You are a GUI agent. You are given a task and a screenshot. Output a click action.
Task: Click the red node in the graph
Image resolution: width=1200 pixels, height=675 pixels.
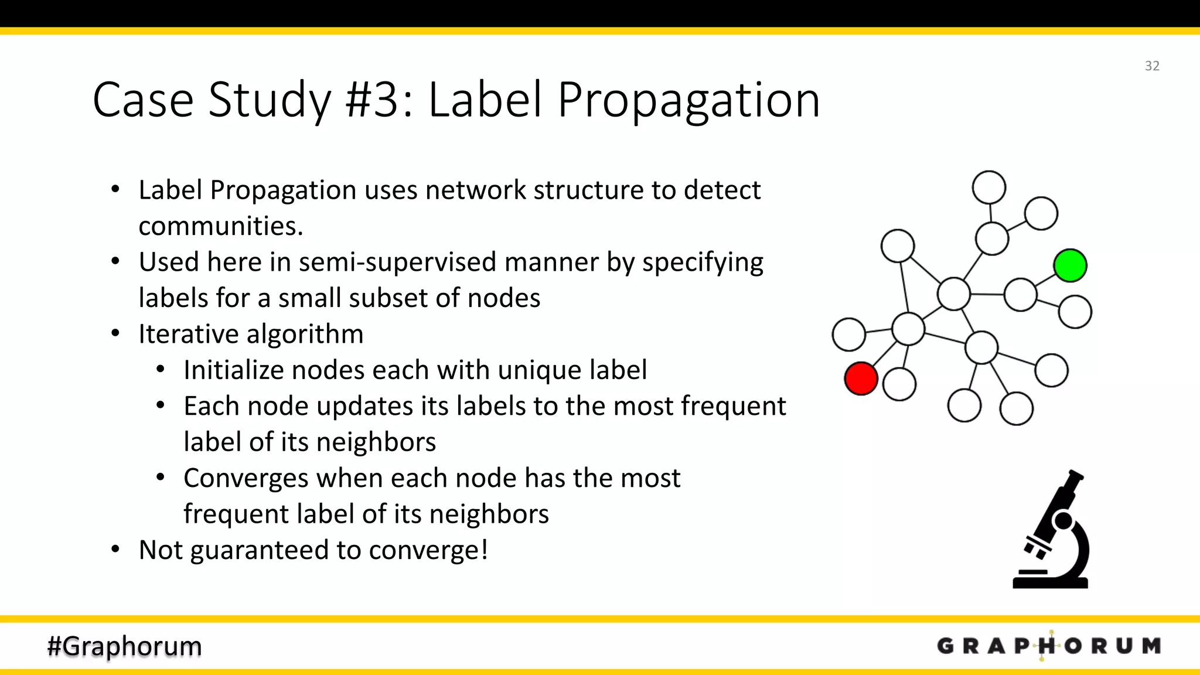tap(861, 379)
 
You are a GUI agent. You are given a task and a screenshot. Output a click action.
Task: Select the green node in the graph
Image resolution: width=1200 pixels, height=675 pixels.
tap(1070, 265)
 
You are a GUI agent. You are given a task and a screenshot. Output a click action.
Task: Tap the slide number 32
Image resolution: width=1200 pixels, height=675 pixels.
tap(1152, 66)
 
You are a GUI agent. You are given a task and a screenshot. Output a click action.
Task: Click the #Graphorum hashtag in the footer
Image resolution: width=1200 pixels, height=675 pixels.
tap(124, 646)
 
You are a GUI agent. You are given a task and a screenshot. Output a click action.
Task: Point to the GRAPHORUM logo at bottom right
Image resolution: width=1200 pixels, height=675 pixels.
tap(1049, 646)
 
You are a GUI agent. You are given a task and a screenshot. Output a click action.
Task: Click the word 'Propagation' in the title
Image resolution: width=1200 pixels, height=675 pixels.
tap(688, 101)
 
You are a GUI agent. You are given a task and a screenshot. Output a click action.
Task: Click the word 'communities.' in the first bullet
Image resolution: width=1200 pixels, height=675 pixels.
tap(221, 226)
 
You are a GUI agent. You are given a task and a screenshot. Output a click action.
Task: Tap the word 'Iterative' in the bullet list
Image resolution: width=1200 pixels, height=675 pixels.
tap(189, 334)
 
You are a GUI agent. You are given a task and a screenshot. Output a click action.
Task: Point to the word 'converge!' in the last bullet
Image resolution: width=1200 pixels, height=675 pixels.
tap(428, 550)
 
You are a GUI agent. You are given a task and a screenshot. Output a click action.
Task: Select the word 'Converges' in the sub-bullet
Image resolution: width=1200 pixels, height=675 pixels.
tap(246, 478)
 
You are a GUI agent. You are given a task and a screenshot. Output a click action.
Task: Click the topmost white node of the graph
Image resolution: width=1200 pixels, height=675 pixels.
tap(989, 187)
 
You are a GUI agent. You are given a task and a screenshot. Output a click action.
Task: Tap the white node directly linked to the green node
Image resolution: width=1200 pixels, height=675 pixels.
tap(1021, 294)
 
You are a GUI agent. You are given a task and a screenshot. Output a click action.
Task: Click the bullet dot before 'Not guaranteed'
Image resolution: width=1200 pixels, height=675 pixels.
tap(115, 549)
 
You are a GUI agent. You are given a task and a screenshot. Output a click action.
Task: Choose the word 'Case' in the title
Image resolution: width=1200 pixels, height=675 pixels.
tap(143, 100)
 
